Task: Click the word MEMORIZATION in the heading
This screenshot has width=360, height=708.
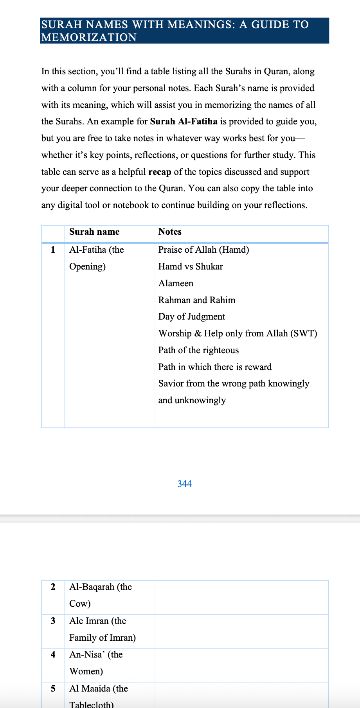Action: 89,38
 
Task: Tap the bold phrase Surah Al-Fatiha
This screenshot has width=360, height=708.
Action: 184,121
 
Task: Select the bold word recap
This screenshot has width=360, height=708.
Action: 160,172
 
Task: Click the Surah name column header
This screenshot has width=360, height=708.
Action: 94,232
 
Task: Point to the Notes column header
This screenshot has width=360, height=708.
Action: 170,232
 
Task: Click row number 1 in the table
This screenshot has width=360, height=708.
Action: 53,250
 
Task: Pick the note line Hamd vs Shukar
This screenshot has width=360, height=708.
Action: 191,267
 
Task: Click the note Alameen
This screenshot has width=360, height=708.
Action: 176,283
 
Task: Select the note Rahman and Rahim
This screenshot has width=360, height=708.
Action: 197,300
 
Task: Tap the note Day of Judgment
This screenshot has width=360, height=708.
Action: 192,317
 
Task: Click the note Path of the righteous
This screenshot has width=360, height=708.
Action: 198,350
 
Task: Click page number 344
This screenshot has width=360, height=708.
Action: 184,484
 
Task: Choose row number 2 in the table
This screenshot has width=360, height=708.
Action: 53,587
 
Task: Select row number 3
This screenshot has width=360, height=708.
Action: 53,621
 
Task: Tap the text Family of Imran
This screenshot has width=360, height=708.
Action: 103,638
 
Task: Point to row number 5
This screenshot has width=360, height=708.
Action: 53,688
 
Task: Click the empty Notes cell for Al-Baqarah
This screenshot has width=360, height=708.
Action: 241,597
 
